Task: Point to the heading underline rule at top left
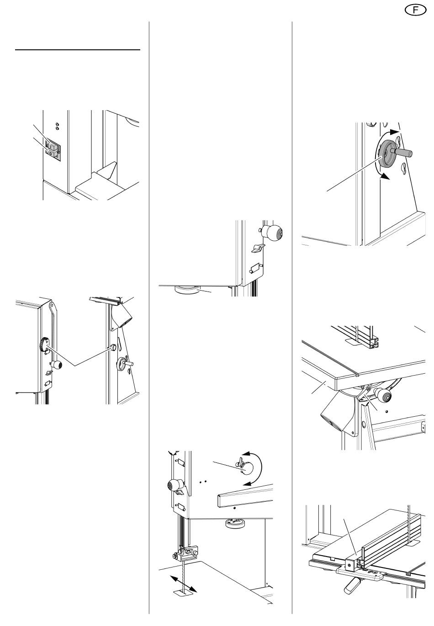point(78,49)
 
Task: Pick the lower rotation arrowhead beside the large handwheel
point(386,177)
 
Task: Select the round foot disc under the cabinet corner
point(188,289)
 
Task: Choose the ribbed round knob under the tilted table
point(382,395)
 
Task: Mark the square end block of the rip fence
point(351,564)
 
